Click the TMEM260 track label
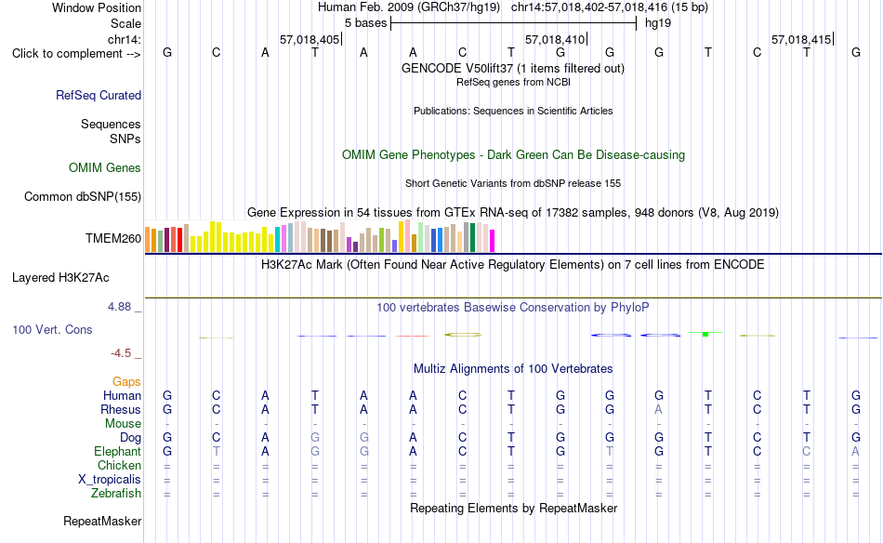pos(113,238)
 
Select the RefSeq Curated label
pos(99,95)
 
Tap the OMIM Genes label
pos(105,168)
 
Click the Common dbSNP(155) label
pos(83,196)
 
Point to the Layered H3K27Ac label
pos(60,278)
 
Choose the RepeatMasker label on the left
pos(102,521)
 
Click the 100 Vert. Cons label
pos(52,329)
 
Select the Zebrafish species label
pos(116,494)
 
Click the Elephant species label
pos(118,452)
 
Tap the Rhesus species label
pos(121,409)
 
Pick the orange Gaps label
pos(126,382)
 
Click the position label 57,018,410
pos(555,39)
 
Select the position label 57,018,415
pos(801,39)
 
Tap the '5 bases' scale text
pos(366,23)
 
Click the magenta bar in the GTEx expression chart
pos(493,241)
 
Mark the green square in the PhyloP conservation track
pos(705,335)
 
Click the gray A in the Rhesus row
pos(658,409)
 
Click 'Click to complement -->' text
pos(76,54)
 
